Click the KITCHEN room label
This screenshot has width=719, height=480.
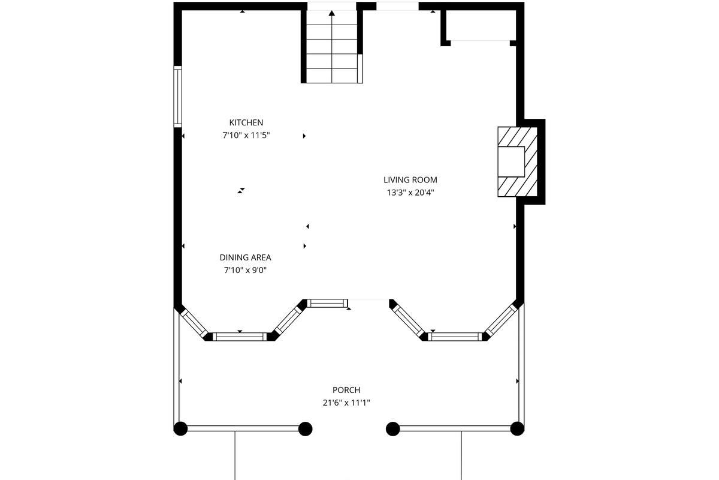tap(246, 122)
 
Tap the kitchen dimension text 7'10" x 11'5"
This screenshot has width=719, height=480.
tap(246, 135)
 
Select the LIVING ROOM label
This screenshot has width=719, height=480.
tap(410, 180)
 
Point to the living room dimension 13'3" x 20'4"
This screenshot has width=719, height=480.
tap(410, 193)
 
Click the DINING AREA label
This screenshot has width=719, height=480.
tap(245, 257)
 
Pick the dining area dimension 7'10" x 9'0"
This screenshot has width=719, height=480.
tap(245, 270)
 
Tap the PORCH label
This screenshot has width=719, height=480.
tap(346, 390)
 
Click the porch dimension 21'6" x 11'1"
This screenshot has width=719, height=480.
tap(346, 403)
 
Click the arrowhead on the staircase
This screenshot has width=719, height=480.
tap(331, 13)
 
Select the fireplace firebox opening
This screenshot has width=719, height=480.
tap(511, 162)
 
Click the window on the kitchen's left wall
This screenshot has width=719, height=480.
tap(177, 97)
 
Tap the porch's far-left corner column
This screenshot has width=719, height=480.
tap(180, 428)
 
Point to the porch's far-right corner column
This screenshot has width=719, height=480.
tap(517, 428)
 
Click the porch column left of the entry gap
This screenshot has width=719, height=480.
tap(305, 429)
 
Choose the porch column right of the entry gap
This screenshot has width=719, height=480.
tap(392, 429)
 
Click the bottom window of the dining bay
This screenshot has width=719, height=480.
tap(240, 337)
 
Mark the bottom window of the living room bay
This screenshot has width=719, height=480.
tap(455, 337)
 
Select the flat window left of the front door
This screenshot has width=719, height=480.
tap(327, 303)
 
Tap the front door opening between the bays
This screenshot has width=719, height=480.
tap(368, 299)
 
